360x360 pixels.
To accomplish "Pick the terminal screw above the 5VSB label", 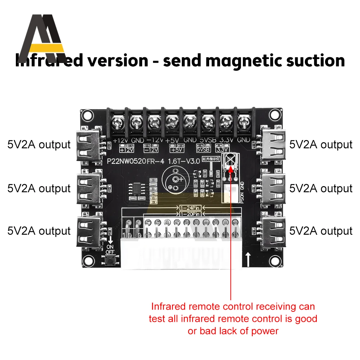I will (207, 122).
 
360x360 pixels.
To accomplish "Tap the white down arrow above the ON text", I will (110, 239).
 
